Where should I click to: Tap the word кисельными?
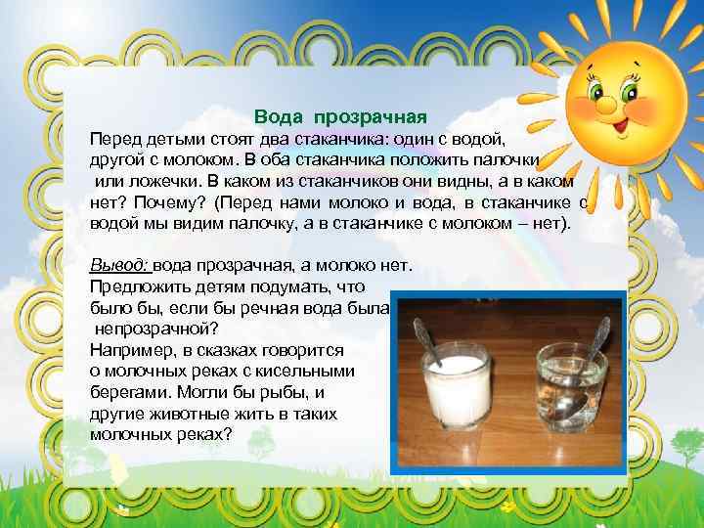pyautogui.click(x=308, y=371)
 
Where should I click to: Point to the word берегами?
pyautogui.click(x=128, y=392)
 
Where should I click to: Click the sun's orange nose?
pyautogui.click(x=606, y=102)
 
